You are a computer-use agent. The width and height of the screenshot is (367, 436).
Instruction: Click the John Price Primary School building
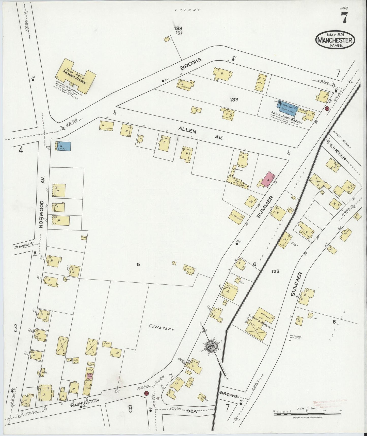[x=75, y=76]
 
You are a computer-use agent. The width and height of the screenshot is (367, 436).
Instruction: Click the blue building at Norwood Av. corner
[x=63, y=146]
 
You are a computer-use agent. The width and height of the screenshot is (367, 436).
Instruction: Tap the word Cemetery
[x=162, y=327]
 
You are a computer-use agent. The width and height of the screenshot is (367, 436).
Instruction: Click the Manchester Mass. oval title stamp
[x=335, y=40]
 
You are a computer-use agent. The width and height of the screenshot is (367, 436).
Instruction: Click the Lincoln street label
[x=338, y=152]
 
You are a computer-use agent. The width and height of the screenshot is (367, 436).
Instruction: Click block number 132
[x=234, y=100]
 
